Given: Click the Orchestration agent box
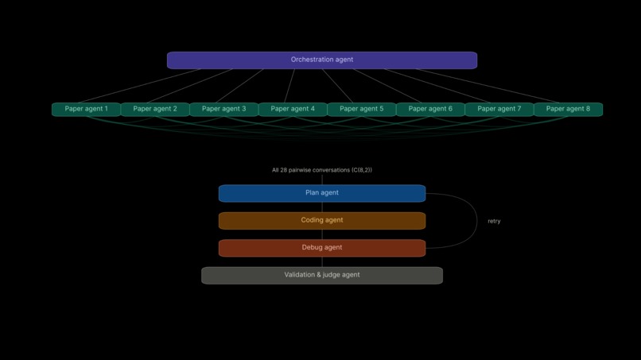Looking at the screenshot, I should [321, 60].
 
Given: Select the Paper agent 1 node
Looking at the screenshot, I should [86, 109].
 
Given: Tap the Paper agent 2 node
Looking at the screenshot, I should [155, 109].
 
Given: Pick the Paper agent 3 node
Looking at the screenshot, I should [223, 109].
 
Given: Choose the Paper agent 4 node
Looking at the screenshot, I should [293, 109].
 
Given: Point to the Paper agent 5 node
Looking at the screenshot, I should [361, 109].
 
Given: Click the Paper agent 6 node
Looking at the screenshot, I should [430, 109].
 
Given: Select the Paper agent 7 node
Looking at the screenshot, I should [499, 109].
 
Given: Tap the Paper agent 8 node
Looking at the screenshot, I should [568, 109].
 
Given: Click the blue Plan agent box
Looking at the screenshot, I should [321, 193].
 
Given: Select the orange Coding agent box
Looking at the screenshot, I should [321, 220].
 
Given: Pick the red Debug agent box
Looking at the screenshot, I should [321, 248].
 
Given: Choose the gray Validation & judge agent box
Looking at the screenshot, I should [321, 275].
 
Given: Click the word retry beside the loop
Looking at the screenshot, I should [494, 221].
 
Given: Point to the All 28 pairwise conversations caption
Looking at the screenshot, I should [321, 170].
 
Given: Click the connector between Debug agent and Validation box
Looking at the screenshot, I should [322, 261].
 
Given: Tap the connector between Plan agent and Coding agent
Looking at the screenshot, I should [322, 207].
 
